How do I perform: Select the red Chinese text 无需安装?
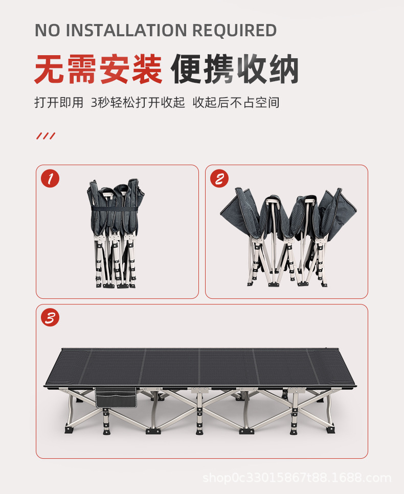pyautogui.click(x=98, y=69)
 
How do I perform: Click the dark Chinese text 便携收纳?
pyautogui.click(x=235, y=69)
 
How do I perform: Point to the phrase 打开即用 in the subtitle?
pyautogui.click(x=58, y=102)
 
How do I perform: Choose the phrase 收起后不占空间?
pyautogui.click(x=236, y=102)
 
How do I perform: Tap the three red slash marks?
pyautogui.click(x=46, y=136)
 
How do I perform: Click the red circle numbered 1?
pyautogui.click(x=50, y=178)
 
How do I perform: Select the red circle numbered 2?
pyautogui.click(x=219, y=178)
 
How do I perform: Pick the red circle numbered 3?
pyautogui.click(x=50, y=318)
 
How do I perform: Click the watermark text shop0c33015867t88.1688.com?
pyautogui.click(x=297, y=478)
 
